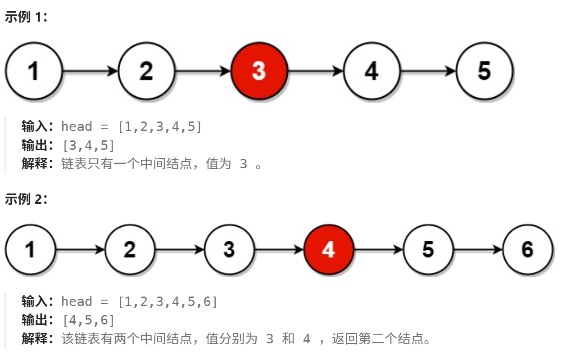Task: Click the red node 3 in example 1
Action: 259,71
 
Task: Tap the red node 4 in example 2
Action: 329,249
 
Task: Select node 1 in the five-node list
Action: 33,71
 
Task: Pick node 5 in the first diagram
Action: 484,71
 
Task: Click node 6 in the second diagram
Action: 528,249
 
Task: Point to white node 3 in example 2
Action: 229,249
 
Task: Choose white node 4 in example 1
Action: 371,71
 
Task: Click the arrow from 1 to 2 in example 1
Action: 90,71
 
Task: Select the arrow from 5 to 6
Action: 478,249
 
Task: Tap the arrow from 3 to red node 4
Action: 279,249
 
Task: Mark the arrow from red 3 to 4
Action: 315,71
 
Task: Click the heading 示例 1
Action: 26,18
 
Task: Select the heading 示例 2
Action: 26,199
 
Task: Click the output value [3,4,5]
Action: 88,145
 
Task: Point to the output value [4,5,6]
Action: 88,320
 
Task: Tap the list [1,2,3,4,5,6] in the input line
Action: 168,302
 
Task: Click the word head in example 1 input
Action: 77,127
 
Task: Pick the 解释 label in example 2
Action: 34,339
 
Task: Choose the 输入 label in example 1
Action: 34,127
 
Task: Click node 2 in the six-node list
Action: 130,249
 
